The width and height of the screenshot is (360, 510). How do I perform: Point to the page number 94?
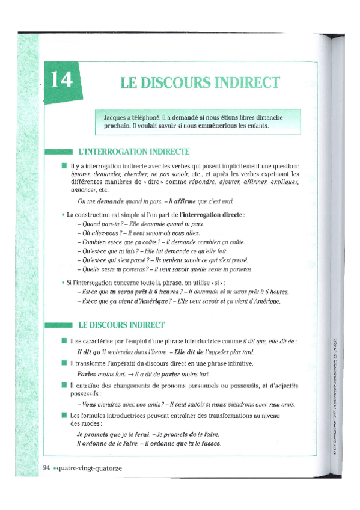pyautogui.click(x=47, y=467)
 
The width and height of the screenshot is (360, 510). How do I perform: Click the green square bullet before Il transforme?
pyautogui.click(x=63, y=363)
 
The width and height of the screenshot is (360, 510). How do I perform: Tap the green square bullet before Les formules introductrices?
pyautogui.click(x=63, y=415)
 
